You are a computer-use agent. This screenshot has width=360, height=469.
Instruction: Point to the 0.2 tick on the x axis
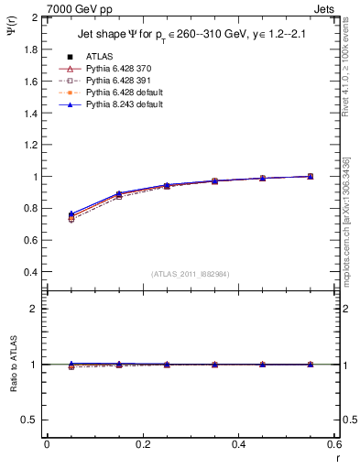[142, 443]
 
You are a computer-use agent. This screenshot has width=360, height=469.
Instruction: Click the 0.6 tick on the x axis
[333, 443]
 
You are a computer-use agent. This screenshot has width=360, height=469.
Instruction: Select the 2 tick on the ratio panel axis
[34, 309]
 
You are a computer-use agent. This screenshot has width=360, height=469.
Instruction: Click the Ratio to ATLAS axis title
[12, 365]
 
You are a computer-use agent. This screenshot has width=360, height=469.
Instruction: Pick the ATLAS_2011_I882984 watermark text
[191, 274]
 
